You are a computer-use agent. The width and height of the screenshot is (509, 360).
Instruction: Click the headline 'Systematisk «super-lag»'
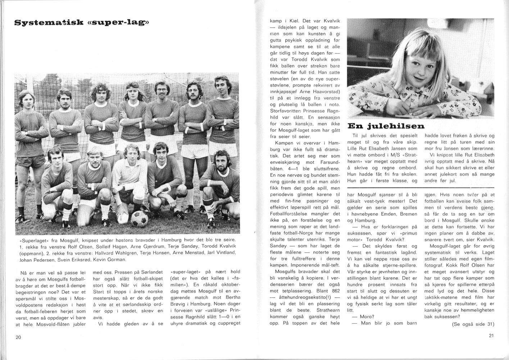pyautogui.click(x=81, y=23)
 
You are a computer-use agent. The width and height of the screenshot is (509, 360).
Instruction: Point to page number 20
pyautogui.click(x=18, y=337)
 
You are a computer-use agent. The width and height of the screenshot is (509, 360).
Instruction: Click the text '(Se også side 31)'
pyautogui.click(x=473, y=324)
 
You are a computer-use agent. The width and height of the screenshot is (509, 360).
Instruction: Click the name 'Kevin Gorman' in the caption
pyautogui.click(x=110, y=260)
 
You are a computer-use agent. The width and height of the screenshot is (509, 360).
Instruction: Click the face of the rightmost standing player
pyautogui.click(x=220, y=87)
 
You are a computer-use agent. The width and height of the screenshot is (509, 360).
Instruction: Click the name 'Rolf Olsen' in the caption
pyautogui.click(x=80, y=247)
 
